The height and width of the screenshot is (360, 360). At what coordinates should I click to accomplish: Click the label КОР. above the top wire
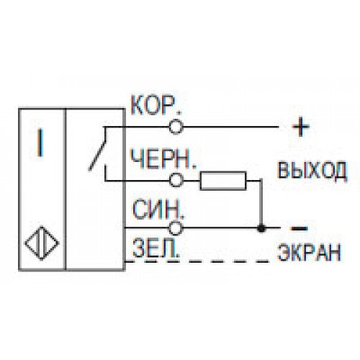pyautogui.click(x=156, y=106)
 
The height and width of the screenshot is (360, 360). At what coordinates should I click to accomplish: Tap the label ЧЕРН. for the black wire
pyautogui.click(x=163, y=158)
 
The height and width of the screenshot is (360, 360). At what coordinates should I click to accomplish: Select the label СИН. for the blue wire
pyautogui.click(x=158, y=210)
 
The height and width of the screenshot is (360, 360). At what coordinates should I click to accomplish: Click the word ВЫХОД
pyautogui.click(x=312, y=171)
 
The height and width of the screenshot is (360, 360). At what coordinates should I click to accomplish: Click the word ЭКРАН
pyautogui.click(x=310, y=252)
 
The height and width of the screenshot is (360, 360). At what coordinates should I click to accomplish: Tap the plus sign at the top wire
pyautogui.click(x=301, y=127)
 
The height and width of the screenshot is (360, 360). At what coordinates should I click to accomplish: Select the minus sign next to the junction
pyautogui.click(x=300, y=228)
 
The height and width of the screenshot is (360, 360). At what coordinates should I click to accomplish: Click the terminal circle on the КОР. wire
pyautogui.click(x=176, y=127)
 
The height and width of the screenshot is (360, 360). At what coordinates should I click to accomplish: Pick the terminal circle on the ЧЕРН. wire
pyautogui.click(x=176, y=180)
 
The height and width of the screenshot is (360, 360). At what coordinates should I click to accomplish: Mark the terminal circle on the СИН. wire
pyautogui.click(x=176, y=228)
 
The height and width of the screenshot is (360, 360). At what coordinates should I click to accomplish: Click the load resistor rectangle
pyautogui.click(x=223, y=181)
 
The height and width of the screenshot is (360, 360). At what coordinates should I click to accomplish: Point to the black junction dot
pyautogui.click(x=261, y=228)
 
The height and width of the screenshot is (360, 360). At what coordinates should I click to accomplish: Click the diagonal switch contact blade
pyautogui.click(x=97, y=149)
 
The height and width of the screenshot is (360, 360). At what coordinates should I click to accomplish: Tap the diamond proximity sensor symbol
pyautogui.click(x=42, y=243)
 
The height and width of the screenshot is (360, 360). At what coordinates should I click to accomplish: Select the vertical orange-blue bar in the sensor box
pyautogui.click(x=40, y=143)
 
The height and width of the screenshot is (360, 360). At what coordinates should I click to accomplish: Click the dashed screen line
pyautogui.click(x=197, y=261)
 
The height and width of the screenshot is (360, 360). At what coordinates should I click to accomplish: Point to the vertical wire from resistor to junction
pyautogui.click(x=261, y=203)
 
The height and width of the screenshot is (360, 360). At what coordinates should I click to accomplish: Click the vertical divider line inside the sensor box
pyautogui.click(x=65, y=189)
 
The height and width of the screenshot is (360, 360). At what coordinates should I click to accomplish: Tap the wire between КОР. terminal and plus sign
pyautogui.click(x=231, y=127)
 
